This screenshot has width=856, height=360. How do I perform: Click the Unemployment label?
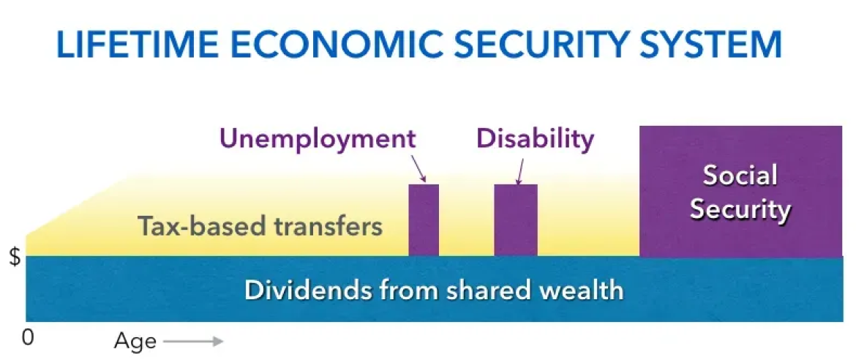[x=318, y=138]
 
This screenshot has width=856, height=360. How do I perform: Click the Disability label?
[x=535, y=138]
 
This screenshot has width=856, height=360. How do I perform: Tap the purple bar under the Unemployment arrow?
[x=424, y=220]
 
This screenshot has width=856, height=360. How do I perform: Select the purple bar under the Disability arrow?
[x=516, y=220]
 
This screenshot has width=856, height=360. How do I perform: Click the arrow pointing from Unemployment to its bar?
[x=418, y=168]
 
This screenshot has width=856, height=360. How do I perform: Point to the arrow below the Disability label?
[x=519, y=170]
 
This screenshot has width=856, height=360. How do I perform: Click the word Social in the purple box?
[x=740, y=176]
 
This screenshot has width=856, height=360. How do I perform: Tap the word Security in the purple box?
[x=740, y=209]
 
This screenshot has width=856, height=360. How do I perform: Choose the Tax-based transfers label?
[x=260, y=226]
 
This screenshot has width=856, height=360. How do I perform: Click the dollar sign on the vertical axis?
[x=14, y=258]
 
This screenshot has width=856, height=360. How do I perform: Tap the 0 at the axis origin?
[x=28, y=338]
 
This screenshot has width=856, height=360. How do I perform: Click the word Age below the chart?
[x=135, y=341]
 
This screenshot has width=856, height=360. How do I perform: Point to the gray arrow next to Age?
[x=192, y=341]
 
